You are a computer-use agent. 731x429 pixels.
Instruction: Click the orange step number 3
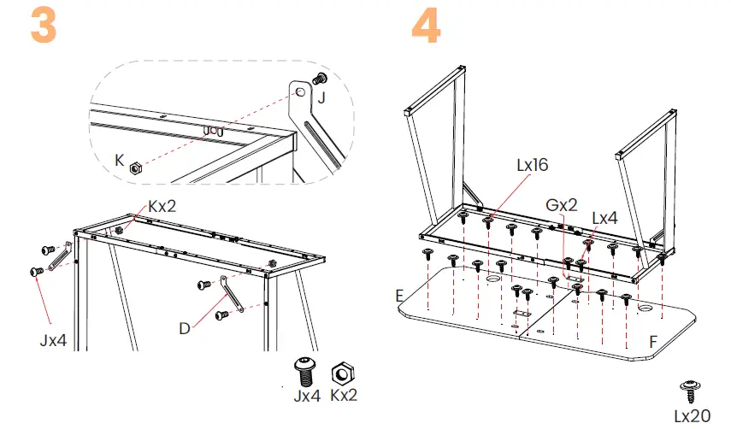44,27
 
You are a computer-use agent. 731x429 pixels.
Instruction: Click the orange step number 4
427,27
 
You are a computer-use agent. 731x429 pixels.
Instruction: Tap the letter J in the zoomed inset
321,97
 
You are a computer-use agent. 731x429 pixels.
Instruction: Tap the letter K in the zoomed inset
120,158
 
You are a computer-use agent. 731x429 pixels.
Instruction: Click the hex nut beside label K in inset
135,168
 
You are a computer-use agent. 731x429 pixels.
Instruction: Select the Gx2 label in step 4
561,206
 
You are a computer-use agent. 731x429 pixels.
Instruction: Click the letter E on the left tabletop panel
401,296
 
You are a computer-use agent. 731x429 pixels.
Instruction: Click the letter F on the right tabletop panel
653,342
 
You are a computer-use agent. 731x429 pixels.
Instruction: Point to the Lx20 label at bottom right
691,415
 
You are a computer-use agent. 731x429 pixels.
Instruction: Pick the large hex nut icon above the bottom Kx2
343,372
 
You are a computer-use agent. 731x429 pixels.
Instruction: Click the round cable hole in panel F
644,305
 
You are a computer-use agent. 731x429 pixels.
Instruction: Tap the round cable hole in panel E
495,279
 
